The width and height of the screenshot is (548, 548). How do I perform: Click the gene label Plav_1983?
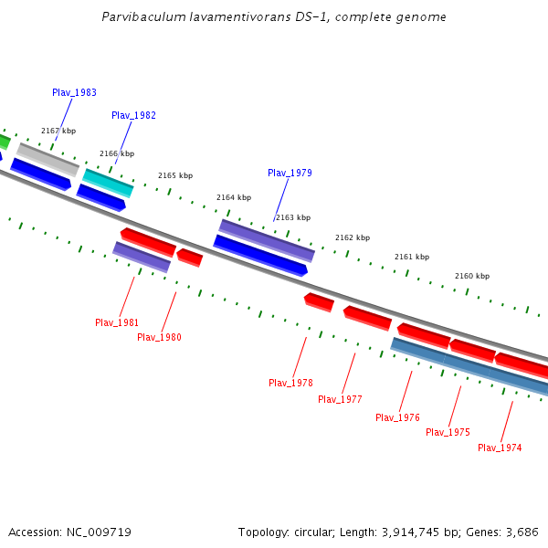click(x=74, y=92)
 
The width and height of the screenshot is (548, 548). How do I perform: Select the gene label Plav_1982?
click(x=133, y=115)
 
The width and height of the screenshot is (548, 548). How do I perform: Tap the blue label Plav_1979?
click(x=290, y=173)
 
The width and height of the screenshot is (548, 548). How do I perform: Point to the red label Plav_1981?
click(x=117, y=322)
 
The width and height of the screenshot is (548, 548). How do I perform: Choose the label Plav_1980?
click(x=159, y=337)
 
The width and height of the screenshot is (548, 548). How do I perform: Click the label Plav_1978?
click(x=290, y=383)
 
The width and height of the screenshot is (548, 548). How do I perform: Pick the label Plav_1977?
click(x=340, y=399)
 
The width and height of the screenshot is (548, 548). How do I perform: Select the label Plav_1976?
click(x=397, y=417)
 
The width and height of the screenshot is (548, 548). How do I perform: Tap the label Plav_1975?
click(x=448, y=432)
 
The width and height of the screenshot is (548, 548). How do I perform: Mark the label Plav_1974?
click(x=500, y=448)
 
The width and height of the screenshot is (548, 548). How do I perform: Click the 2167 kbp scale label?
click(x=58, y=132)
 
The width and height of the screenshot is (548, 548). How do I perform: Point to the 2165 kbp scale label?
click(x=175, y=175)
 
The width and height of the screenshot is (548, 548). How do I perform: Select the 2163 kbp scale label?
click(x=293, y=217)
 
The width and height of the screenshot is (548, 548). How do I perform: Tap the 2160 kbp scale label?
click(x=472, y=276)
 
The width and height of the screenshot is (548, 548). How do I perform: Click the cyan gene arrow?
click(x=108, y=182)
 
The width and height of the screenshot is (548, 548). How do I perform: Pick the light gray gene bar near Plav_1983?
click(x=47, y=159)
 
